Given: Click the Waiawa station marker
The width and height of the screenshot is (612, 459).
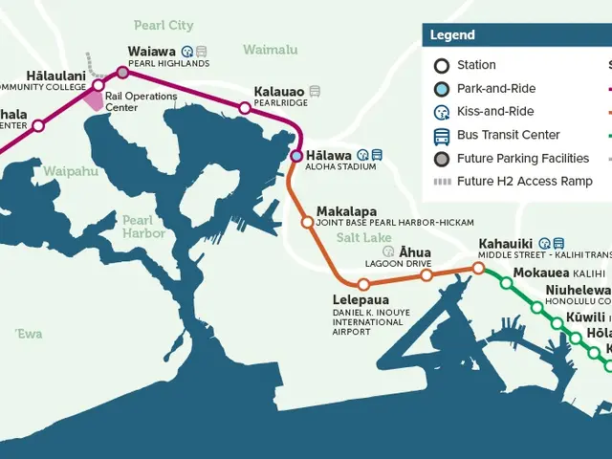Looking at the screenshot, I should click(122, 72).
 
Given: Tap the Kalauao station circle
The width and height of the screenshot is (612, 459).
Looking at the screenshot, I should click(244, 108).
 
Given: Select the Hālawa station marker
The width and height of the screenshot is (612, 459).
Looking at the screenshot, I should click(296, 155).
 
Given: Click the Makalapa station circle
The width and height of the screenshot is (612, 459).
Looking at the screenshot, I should click(307, 222).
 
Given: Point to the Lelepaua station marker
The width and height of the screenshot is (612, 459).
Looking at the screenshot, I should click(363, 284).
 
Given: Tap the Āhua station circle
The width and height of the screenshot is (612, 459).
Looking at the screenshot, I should click(426, 275).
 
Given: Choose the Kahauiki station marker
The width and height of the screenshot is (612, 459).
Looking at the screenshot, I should click(479, 268).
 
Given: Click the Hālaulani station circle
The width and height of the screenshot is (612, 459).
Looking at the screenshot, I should click(98, 85).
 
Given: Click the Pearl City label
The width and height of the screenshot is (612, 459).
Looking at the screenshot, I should click(164, 26).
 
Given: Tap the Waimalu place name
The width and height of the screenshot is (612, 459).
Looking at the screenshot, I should click(270, 50).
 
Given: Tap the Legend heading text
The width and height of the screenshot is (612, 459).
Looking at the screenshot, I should click(452, 35).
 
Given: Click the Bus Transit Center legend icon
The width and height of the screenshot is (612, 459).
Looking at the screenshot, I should click(442, 135).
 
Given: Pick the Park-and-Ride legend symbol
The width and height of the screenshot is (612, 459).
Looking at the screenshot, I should click(442, 89).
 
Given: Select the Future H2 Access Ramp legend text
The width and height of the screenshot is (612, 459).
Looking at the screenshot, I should click(524, 182).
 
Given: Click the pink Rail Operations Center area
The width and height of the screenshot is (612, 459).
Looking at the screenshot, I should click(95, 98).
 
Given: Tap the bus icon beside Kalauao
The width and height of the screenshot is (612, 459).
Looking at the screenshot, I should click(315, 92).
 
